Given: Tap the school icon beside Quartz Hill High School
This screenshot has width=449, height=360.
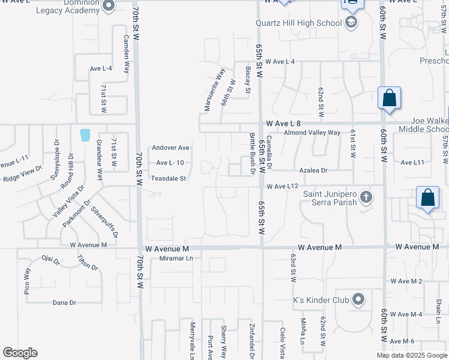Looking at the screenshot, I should point(351,23).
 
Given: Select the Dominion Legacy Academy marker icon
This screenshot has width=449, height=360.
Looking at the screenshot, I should point(109,6).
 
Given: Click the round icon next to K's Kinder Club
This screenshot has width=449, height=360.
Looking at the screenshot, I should point(358,299).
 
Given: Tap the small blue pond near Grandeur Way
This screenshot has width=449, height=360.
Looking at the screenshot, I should point(85,134).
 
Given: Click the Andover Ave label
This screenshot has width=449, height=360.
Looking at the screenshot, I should point(170,148).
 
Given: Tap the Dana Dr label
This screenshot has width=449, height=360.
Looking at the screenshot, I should point(64,302).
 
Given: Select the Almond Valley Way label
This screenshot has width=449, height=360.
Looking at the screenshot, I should point(312,133).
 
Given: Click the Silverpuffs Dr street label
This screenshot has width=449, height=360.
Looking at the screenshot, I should point(104,220).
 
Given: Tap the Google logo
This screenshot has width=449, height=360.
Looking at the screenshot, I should point(20,353).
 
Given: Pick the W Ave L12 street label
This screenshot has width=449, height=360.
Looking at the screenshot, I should point(283,187).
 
